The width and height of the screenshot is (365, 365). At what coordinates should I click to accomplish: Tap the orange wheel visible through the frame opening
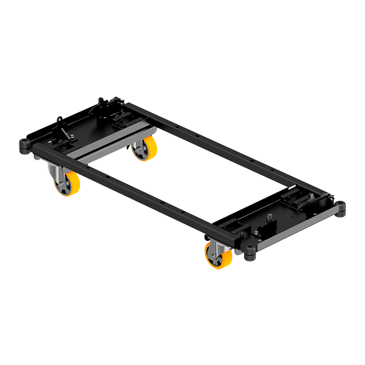[x=145, y=148]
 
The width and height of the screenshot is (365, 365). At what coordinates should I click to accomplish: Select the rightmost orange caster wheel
[x=218, y=255]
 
